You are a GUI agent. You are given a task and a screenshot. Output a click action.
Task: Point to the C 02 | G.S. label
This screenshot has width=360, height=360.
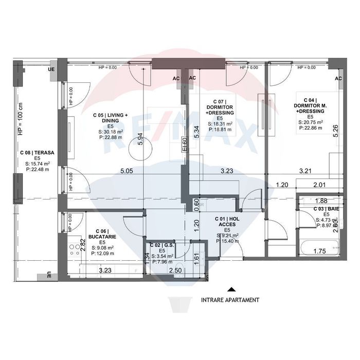click(161, 245)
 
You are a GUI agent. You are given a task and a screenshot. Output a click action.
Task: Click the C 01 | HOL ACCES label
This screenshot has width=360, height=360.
click(227, 221)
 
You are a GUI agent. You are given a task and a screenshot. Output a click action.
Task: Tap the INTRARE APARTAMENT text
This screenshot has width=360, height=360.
click(230, 299)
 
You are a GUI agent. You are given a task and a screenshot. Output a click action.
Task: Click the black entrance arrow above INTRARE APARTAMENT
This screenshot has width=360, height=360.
click(231, 290)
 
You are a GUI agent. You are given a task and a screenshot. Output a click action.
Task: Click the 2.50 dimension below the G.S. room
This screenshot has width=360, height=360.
click(176, 269)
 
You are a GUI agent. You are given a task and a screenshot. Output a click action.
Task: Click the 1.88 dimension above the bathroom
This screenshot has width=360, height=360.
click(320, 201)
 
